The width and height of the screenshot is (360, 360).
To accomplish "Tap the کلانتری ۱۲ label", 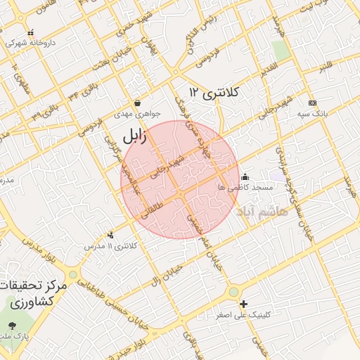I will (214, 93).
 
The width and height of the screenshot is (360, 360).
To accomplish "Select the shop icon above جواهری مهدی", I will (138, 103).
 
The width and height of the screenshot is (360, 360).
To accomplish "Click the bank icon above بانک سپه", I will (312, 103).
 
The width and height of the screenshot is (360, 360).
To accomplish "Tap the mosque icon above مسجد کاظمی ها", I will (245, 176).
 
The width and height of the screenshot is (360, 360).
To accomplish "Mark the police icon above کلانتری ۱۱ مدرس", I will (110, 236).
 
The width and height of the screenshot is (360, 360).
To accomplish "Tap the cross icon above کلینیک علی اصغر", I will (243, 304).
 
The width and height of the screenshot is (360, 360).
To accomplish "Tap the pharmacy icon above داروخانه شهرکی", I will (30, 32).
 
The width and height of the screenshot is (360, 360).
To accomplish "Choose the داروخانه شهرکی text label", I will (30, 43).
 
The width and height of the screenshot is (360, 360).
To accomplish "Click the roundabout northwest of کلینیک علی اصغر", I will (233, 291).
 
